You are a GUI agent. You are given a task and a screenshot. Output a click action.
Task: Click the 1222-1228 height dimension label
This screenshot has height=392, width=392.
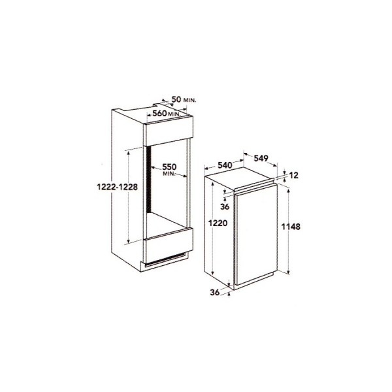point(117,187)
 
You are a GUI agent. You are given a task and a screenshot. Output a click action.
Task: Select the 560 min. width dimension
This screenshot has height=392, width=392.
point(167,114)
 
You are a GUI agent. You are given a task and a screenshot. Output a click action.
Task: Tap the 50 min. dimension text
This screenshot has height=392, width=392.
point(184,99)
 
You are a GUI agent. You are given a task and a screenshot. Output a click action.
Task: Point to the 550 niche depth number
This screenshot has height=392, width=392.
point(169,167)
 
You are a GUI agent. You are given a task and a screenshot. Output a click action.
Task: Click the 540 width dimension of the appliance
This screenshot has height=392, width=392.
point(225,165)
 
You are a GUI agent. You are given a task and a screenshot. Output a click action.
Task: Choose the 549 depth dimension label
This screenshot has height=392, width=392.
point(261,158)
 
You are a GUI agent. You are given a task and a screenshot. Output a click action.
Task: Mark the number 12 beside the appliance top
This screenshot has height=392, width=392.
point(294,176)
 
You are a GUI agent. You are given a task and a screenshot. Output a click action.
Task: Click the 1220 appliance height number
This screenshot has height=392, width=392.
point(218,223)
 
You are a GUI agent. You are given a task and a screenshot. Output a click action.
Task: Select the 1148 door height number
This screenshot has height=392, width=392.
point(291,227)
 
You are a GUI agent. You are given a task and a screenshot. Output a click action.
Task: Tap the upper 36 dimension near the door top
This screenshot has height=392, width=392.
point(225,206)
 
